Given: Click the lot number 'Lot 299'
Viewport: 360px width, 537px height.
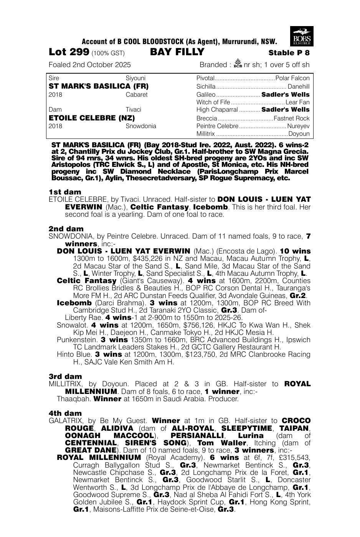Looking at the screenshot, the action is click(69, 52).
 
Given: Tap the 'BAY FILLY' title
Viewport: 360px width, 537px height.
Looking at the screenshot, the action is click(177, 52).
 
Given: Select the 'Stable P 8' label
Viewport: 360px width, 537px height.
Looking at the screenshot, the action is click(289, 53).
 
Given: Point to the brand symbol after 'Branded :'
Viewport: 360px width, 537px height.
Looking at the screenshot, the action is click(237, 64).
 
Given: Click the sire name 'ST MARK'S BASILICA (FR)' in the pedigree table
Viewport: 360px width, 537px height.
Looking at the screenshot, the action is click(99, 86).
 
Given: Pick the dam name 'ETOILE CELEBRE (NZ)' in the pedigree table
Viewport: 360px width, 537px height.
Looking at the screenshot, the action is click(92, 118).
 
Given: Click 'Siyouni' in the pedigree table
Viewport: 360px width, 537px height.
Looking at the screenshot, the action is click(135, 78).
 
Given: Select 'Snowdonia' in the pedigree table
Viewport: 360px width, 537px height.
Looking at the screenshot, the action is click(141, 126).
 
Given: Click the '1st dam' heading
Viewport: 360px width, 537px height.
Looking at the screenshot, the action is click(65, 192).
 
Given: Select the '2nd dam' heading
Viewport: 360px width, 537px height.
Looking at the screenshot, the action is click(66, 229).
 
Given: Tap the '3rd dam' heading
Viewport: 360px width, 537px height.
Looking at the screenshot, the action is click(65, 376).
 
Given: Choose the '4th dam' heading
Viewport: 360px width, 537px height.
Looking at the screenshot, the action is click(65, 413).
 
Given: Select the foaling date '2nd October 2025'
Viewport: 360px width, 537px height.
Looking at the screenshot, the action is click(102, 64).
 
